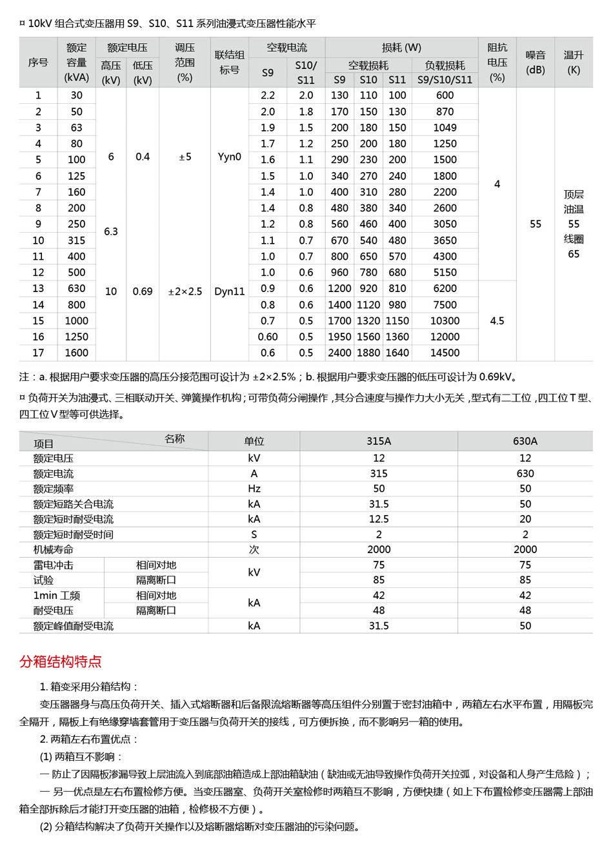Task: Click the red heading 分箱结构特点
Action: [x=61, y=661]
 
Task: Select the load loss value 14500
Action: [x=445, y=353]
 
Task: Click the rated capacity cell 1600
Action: [x=76, y=353]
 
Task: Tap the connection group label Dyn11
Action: [x=229, y=291]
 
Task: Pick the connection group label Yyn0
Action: [x=229, y=157]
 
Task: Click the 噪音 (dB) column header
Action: [x=535, y=63]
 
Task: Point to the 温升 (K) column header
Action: [x=573, y=63]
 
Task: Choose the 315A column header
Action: [x=379, y=441]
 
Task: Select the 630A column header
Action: [x=525, y=441]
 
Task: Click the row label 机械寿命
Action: [x=54, y=549]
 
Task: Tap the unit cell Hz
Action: [x=254, y=489]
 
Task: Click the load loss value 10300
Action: [x=445, y=320]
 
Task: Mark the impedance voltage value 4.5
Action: [x=497, y=320]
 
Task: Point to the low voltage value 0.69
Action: [x=143, y=291]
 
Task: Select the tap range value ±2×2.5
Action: [x=185, y=291]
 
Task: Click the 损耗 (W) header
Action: [x=401, y=48]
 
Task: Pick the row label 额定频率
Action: [x=54, y=489]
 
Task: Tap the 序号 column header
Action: [x=38, y=63]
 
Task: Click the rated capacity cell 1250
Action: [x=76, y=337]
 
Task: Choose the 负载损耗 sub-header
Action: [x=445, y=65]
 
